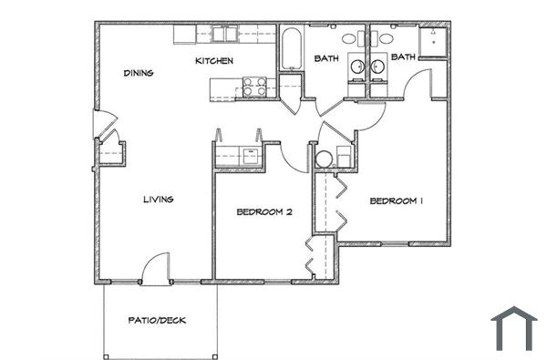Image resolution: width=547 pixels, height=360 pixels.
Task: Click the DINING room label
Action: pos(139,74)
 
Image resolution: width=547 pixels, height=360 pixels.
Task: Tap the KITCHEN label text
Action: pos(214,61)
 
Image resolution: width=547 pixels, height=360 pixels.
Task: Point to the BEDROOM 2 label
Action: pos(263,212)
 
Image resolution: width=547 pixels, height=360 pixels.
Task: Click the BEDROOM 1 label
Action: pos(397,201)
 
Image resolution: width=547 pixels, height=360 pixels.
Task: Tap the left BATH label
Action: pos(326,59)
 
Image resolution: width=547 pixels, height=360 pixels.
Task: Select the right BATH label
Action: pos(403,57)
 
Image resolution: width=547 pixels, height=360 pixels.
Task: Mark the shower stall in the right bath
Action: pos(433,41)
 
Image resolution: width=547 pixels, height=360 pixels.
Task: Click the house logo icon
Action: pos(514,328)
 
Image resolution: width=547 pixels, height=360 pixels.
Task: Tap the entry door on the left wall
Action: pos(103,125)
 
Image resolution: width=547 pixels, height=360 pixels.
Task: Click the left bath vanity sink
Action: pos(351,39)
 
